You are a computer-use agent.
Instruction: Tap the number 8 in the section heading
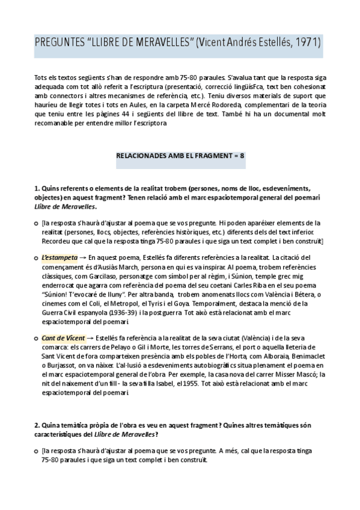[242, 155]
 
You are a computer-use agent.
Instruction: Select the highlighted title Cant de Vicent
[63, 339]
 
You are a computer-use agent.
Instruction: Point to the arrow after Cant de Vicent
[91, 339]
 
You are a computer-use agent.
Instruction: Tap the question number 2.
[36, 426]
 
